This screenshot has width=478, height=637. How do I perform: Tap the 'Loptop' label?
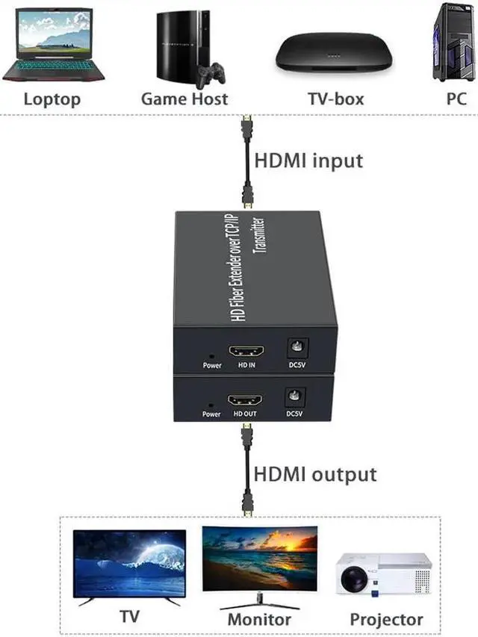(52, 99)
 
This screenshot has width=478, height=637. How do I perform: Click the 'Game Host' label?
(184, 99)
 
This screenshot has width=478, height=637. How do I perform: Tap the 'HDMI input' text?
(309, 161)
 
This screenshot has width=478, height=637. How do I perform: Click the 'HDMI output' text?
(315, 474)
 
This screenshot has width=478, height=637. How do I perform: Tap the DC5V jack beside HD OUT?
(297, 398)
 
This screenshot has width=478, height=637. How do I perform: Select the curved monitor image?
(259, 561)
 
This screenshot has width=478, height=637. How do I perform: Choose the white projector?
(383, 574)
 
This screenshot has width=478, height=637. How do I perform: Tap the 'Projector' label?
(386, 619)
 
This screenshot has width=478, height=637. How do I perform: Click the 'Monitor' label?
(259, 619)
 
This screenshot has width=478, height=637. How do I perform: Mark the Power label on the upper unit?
(212, 365)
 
